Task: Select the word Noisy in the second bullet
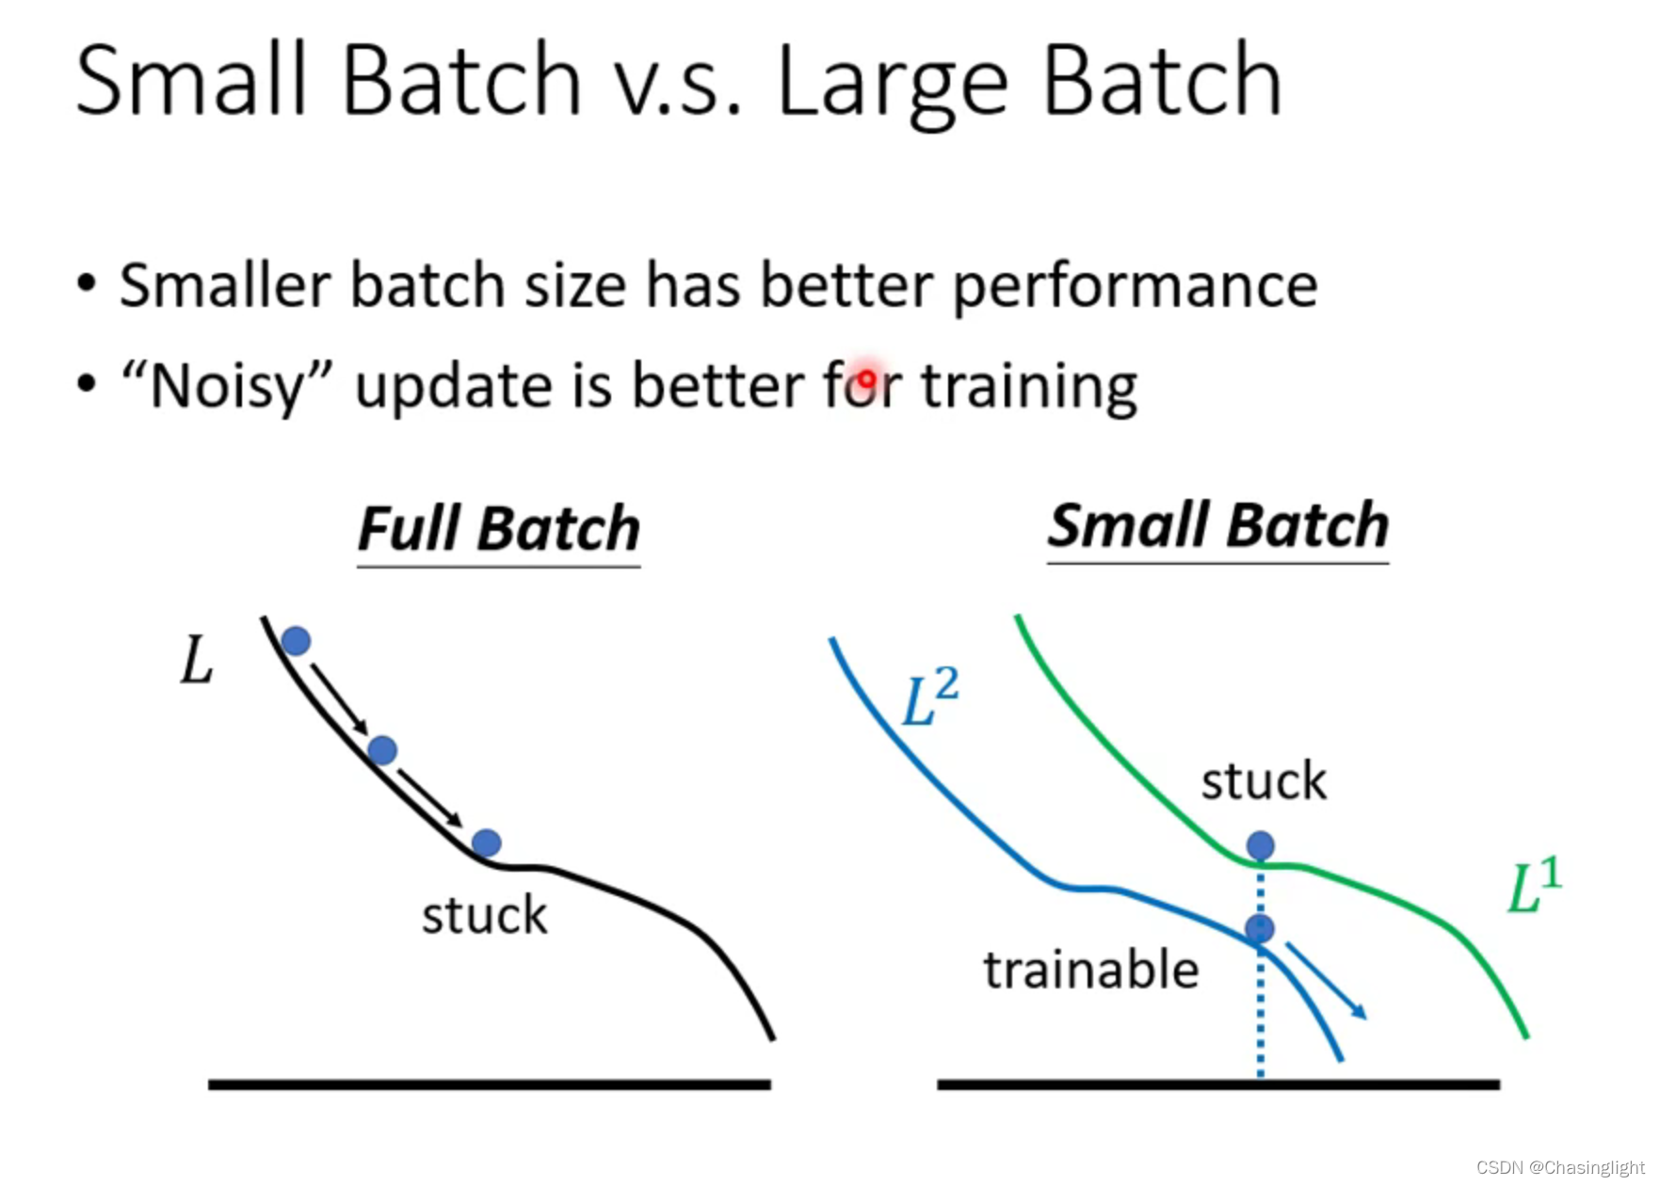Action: pyautogui.click(x=227, y=387)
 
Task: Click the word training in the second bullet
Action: pyautogui.click(x=1029, y=388)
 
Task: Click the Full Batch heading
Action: pyautogui.click(x=499, y=529)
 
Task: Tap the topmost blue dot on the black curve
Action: pyautogui.click(x=296, y=641)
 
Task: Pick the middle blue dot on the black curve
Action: pyautogui.click(x=382, y=750)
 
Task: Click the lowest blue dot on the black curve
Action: pyautogui.click(x=486, y=842)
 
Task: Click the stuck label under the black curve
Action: pyautogui.click(x=484, y=915)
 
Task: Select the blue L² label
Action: pyautogui.click(x=930, y=697)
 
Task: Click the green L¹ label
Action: pyautogui.click(x=1535, y=885)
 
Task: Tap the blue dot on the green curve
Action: pyautogui.click(x=1261, y=845)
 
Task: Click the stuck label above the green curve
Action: pyautogui.click(x=1264, y=781)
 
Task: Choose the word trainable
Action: pyautogui.click(x=1091, y=970)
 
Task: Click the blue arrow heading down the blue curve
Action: pyautogui.click(x=1326, y=980)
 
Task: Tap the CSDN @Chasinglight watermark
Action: pyautogui.click(x=1560, y=1167)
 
